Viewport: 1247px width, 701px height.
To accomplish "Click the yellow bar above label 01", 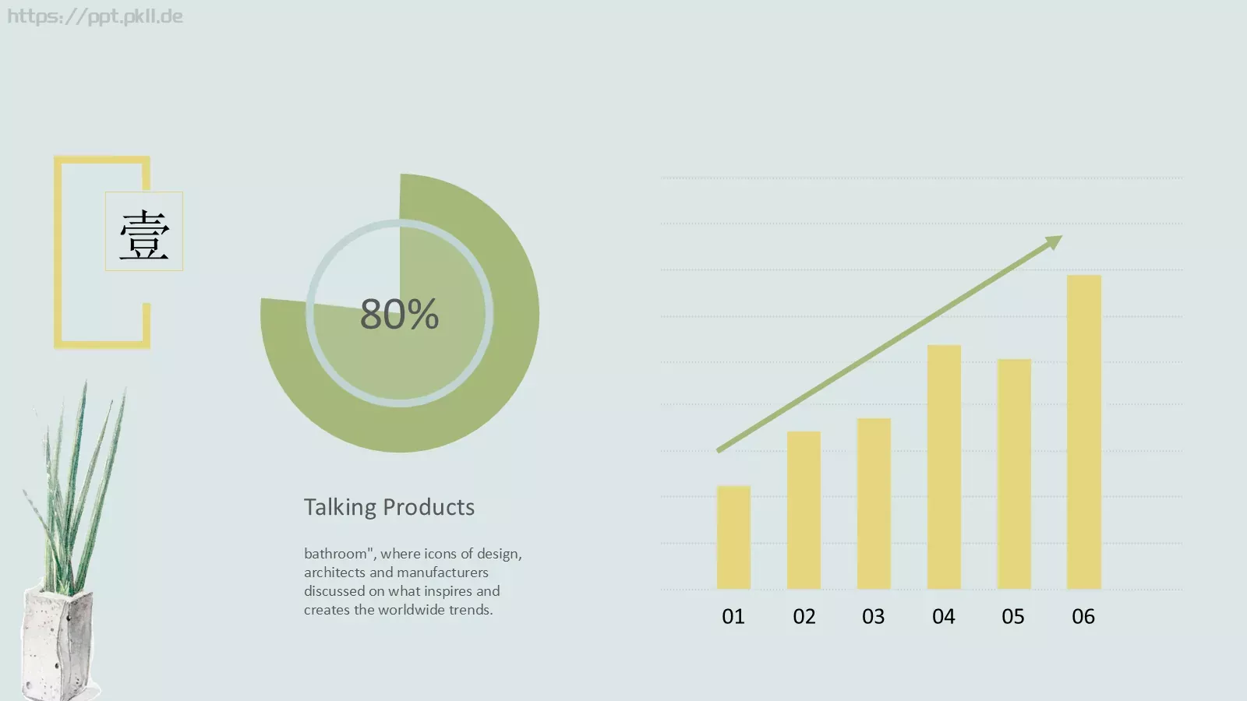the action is [x=733, y=537].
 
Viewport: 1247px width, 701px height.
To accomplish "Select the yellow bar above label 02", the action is [x=804, y=510].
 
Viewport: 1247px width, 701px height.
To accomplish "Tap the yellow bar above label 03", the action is [x=874, y=503].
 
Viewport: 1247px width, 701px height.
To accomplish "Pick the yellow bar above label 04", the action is [x=944, y=467].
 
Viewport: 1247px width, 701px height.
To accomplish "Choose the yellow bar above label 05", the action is [x=1014, y=474].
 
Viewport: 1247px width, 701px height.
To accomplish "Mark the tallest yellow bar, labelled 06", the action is [x=1084, y=432].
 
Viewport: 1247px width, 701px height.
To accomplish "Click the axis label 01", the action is [x=733, y=616].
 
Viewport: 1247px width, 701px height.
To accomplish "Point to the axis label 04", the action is [x=944, y=616].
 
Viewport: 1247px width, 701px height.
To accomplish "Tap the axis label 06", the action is [x=1083, y=616].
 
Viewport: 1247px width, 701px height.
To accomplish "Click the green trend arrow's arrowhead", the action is [x=1054, y=242].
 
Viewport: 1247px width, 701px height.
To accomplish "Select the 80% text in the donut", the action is [x=399, y=314].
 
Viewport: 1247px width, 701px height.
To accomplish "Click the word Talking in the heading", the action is [x=340, y=507].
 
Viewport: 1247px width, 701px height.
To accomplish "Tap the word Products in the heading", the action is [x=429, y=507].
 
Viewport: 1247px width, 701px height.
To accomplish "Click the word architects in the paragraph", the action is [x=334, y=572].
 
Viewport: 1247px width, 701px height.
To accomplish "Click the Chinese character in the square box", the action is [x=144, y=234].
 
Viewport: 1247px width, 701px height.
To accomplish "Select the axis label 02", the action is [x=804, y=616].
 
